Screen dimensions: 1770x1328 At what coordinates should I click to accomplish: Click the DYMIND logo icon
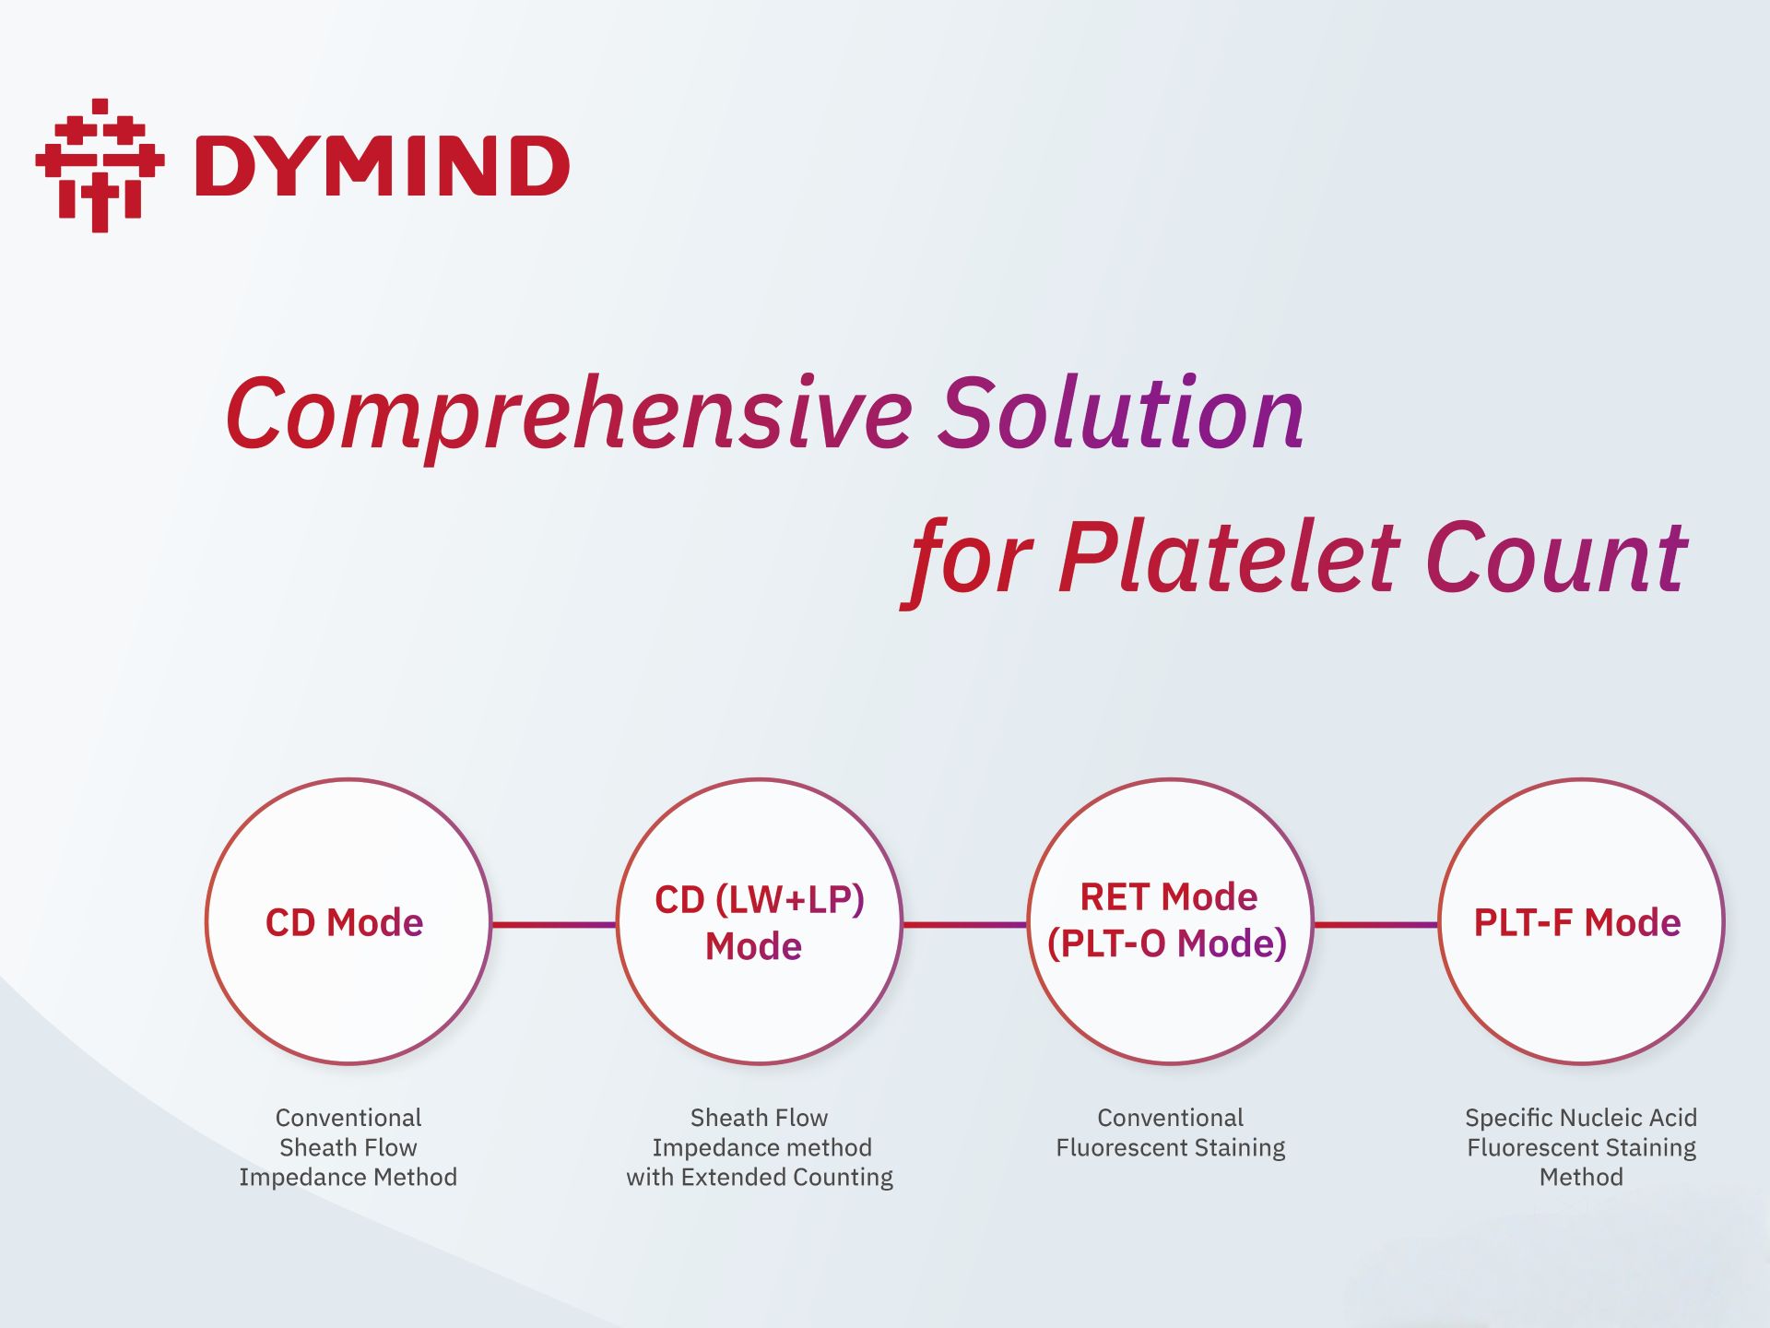pyautogui.click(x=100, y=165)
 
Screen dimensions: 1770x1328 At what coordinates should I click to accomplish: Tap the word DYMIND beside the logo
pyautogui.click(x=383, y=166)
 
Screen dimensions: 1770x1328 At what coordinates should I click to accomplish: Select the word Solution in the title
pyautogui.click(x=1121, y=412)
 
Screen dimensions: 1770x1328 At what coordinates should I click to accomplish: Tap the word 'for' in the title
pyautogui.click(x=967, y=563)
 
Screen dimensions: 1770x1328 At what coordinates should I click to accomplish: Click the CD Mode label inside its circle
pyautogui.click(x=344, y=922)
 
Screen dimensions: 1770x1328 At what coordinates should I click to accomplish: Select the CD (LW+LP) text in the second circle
pyautogui.click(x=760, y=900)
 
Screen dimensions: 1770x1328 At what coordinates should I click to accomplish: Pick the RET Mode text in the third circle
pyautogui.click(x=1169, y=896)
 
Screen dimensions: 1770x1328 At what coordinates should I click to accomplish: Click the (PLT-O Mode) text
pyautogui.click(x=1167, y=943)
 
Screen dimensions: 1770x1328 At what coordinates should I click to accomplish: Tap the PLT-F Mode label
pyautogui.click(x=1577, y=922)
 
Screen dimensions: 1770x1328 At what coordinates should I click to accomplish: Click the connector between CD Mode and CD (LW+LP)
pyautogui.click(x=554, y=924)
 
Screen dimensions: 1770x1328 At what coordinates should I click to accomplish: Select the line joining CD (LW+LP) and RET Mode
pyautogui.click(x=965, y=924)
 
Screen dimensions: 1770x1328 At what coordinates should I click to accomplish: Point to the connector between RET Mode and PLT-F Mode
pyautogui.click(x=1376, y=924)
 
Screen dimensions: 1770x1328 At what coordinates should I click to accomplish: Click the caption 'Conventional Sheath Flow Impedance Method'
pyautogui.click(x=348, y=1147)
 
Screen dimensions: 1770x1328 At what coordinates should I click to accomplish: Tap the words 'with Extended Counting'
pyautogui.click(x=760, y=1178)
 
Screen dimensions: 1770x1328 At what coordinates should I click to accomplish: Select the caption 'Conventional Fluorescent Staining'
pyautogui.click(x=1171, y=1132)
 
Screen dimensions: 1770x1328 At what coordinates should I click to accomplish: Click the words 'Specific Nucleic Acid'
pyautogui.click(x=1581, y=1118)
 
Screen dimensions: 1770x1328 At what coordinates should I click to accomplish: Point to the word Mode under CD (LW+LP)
pyautogui.click(x=753, y=946)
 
